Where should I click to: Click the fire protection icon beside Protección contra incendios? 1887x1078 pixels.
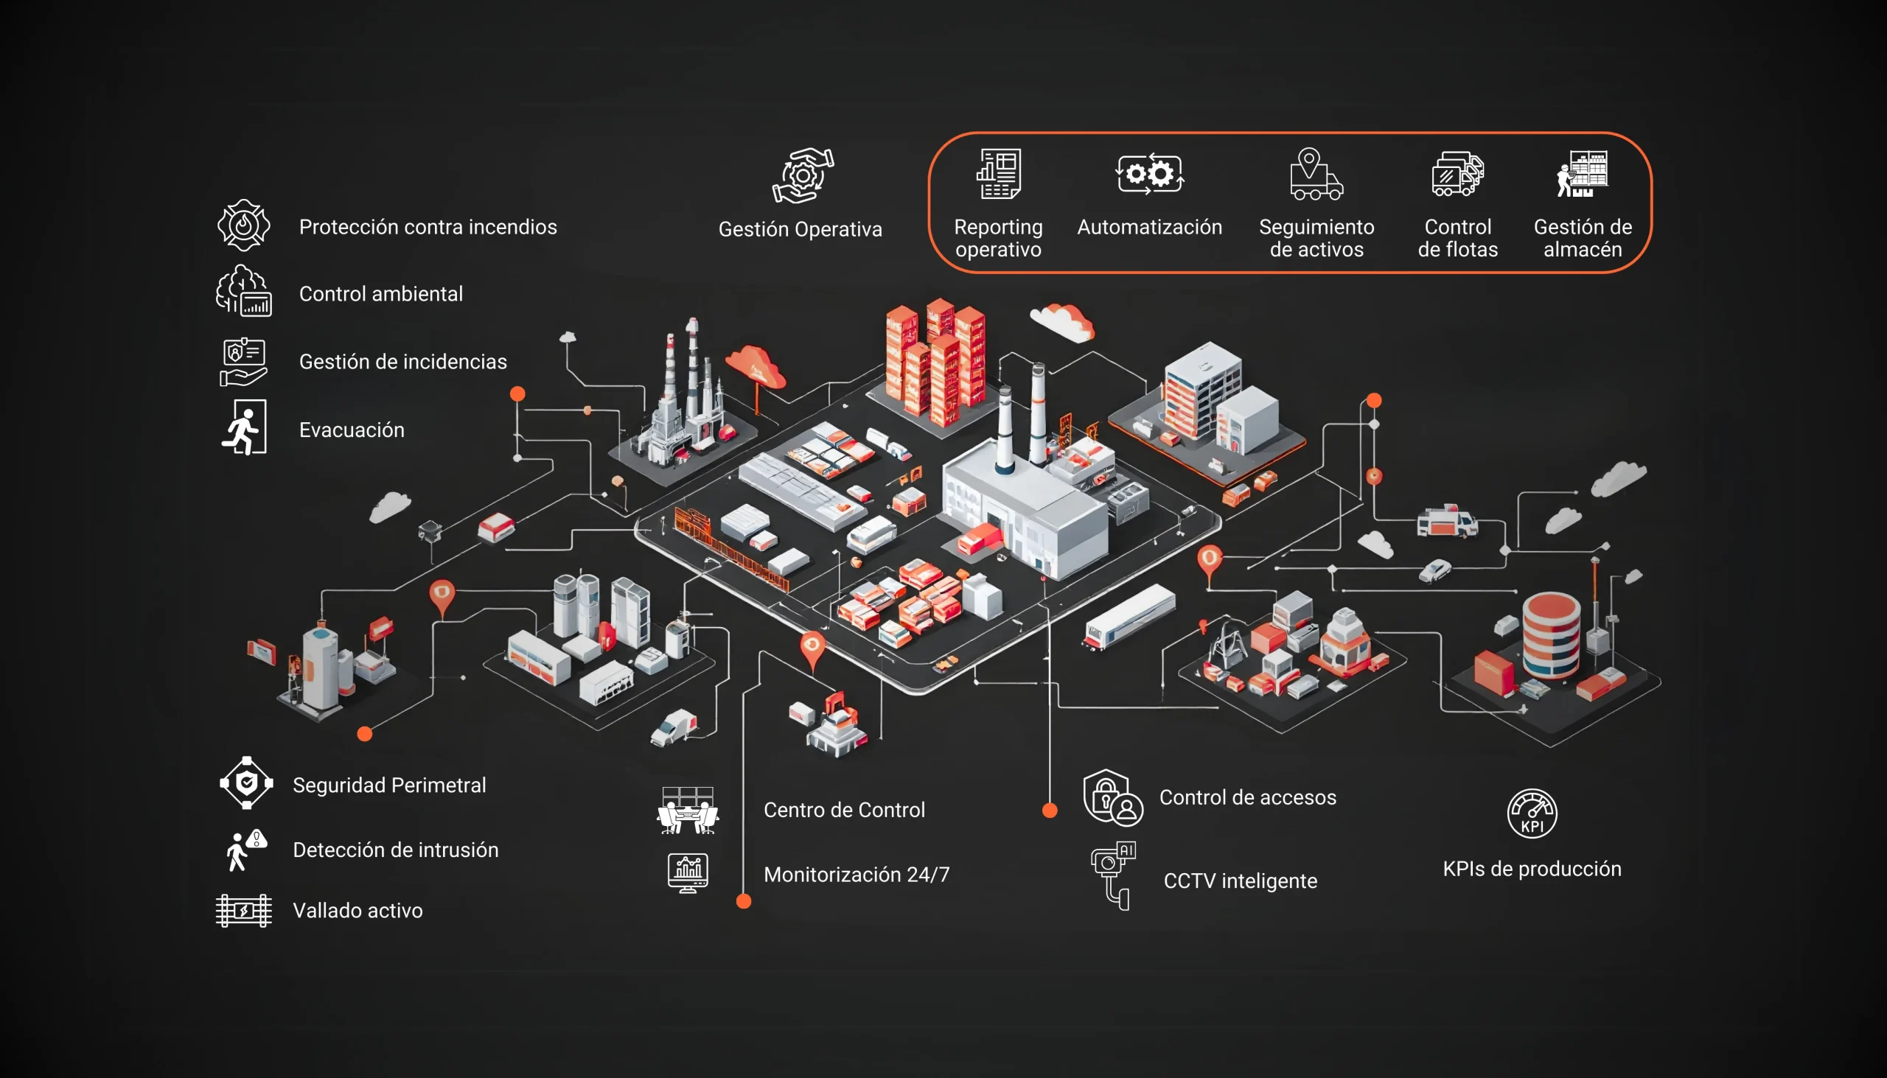coord(244,225)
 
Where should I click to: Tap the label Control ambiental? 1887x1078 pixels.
coord(380,294)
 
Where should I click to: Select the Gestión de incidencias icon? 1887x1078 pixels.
coord(244,362)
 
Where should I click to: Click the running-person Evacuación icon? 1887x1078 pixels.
coord(244,428)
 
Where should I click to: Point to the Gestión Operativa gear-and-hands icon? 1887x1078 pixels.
coord(802,175)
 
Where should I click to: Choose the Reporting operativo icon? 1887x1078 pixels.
coord(998,174)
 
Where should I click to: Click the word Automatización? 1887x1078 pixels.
coord(1149,227)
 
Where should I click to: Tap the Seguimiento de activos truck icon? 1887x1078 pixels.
coord(1315,175)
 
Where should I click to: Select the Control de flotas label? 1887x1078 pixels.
coord(1457,238)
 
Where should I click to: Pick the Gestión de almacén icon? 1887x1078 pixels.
coord(1582,174)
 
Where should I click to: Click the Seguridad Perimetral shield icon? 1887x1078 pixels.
coord(247,783)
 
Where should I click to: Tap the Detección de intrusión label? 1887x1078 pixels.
coord(396,850)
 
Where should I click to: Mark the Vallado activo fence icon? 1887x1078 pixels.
coord(244,911)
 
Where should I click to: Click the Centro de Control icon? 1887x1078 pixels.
coord(687,810)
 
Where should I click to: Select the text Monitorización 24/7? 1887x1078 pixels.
coord(856,875)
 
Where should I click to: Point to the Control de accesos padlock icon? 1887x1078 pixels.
coord(1112,797)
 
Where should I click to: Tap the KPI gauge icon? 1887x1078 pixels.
coord(1532,813)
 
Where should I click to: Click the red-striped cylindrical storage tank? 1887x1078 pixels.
coord(1552,634)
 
